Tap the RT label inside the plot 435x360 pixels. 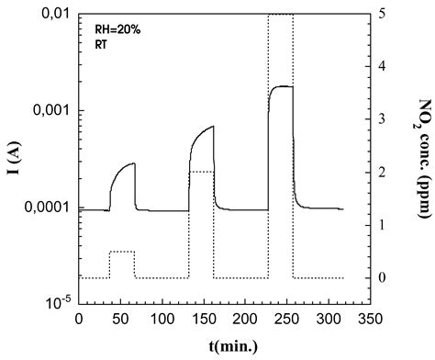[102, 42]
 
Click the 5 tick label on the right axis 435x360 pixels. [383, 15]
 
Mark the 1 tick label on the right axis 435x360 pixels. [383, 225]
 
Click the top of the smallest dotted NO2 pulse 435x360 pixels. [122, 252]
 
